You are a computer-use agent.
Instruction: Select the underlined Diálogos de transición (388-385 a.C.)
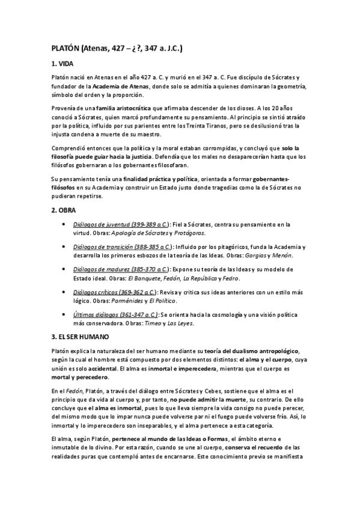coord(123,247)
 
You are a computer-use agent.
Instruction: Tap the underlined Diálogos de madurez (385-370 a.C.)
coord(121,269)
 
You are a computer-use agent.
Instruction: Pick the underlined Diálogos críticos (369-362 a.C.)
coord(118,292)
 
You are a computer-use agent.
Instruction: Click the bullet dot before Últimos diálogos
coord(64,314)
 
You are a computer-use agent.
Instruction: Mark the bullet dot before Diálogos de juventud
coord(64,224)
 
